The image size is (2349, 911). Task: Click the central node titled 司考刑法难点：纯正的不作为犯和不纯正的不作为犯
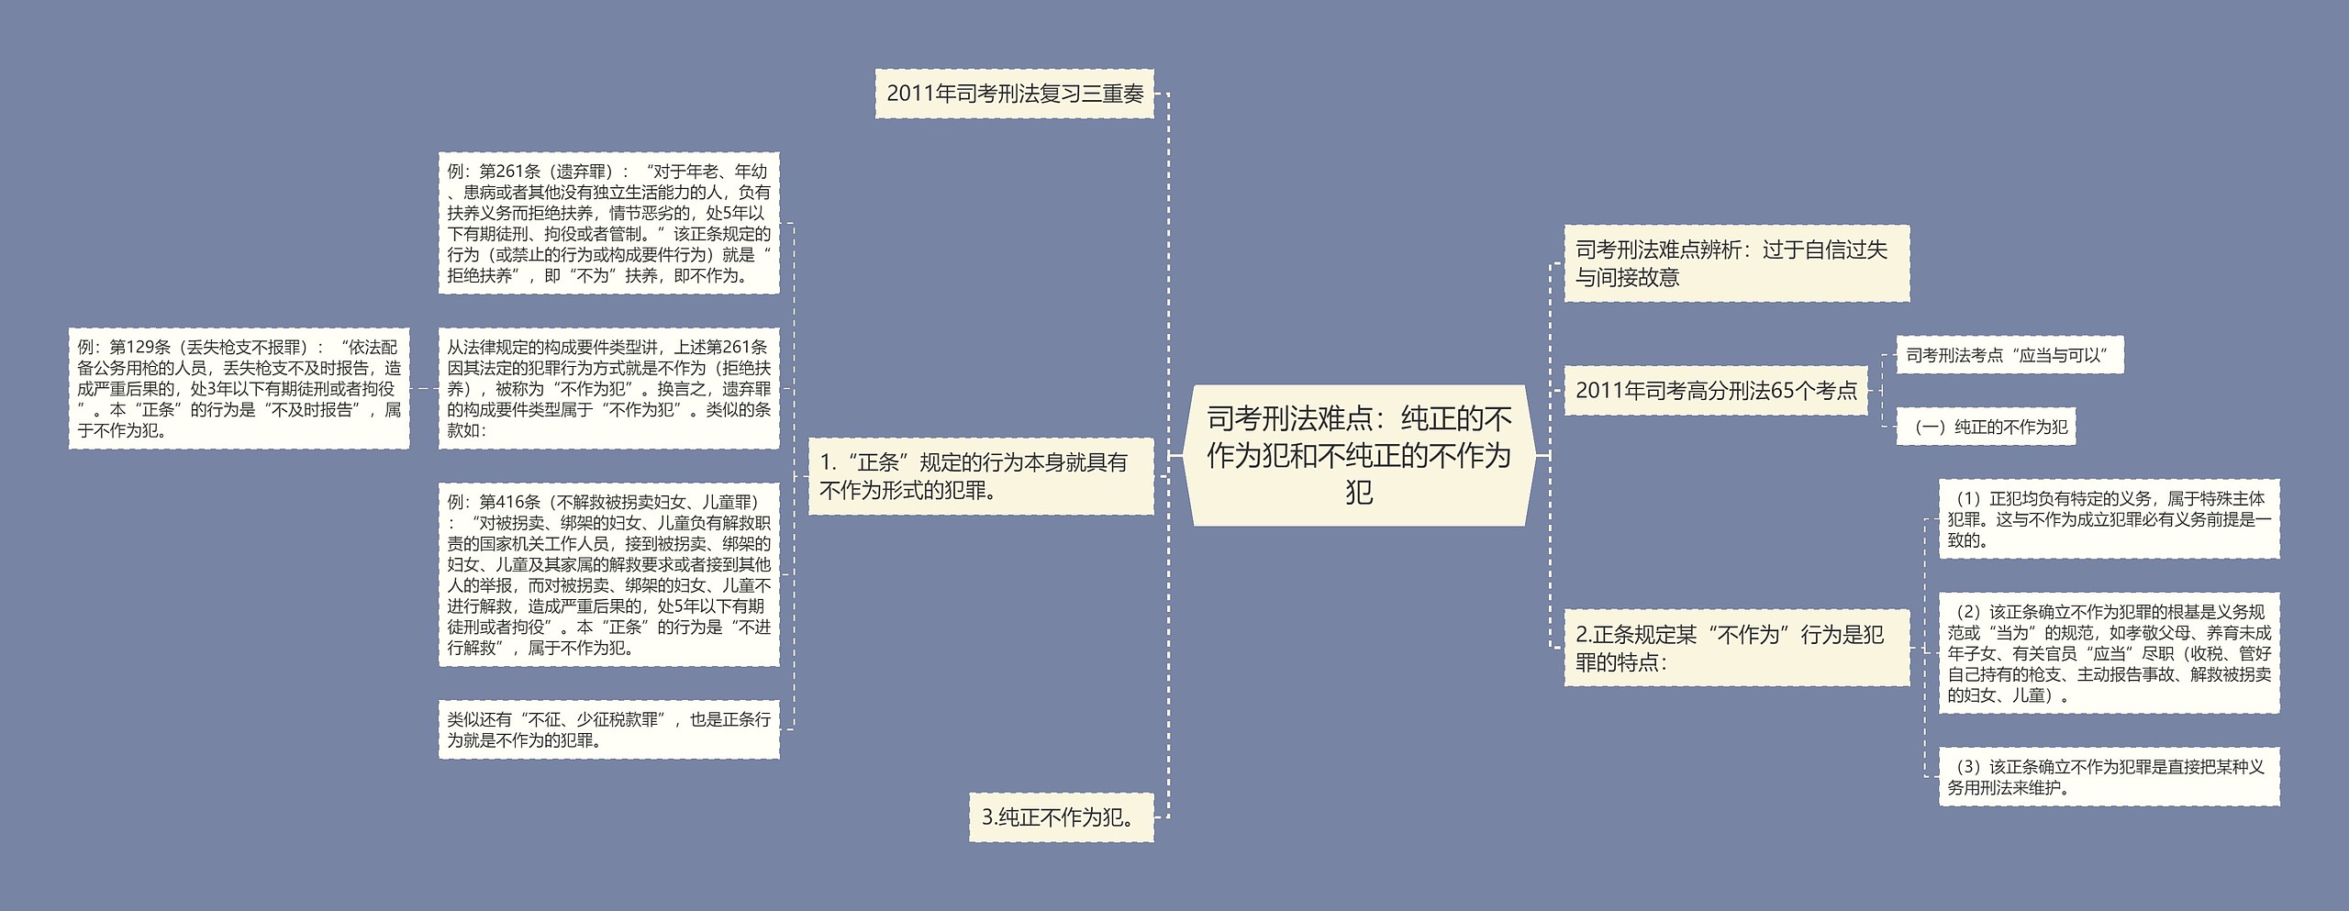coord(1358,455)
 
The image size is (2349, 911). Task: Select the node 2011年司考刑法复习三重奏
coord(1014,94)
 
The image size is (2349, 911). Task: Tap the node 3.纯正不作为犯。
coord(1061,817)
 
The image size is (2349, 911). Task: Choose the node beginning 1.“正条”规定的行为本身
coord(980,476)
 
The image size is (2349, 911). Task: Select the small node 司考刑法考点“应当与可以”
coord(2009,355)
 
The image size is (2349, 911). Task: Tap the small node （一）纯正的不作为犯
coord(1986,427)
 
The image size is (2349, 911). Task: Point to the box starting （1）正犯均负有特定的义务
coord(2109,519)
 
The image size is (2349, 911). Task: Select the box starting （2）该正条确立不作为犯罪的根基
coord(2109,653)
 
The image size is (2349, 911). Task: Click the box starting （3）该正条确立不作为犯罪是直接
coord(2109,777)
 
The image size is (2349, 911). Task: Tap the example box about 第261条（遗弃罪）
coord(608,223)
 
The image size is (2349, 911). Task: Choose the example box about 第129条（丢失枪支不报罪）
coord(239,388)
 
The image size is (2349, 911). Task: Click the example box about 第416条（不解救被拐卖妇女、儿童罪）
coord(608,574)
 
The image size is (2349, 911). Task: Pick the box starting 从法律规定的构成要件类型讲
coord(608,388)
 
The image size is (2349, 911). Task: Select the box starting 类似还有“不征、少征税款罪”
coord(608,730)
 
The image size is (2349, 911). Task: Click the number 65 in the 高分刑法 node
coord(1782,391)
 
